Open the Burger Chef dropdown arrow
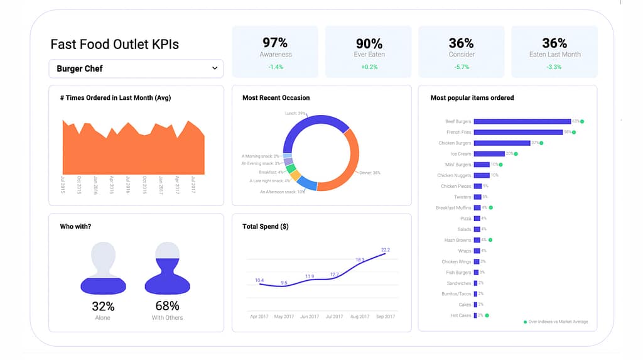tap(215, 68)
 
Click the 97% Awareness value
tap(275, 43)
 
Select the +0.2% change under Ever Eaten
tap(369, 67)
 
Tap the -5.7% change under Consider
tap(461, 67)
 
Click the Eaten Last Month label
tap(554, 55)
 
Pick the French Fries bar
tap(518, 132)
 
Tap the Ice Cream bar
tap(489, 153)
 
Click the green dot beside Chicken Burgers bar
tap(541, 143)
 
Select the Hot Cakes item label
tap(460, 315)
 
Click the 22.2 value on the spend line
tap(385, 250)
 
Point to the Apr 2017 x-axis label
tap(259, 317)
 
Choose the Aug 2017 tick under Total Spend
tap(360, 317)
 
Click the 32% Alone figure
tap(103, 307)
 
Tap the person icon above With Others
tap(167, 268)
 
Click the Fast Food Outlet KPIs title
tap(114, 44)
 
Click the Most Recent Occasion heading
tap(276, 98)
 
